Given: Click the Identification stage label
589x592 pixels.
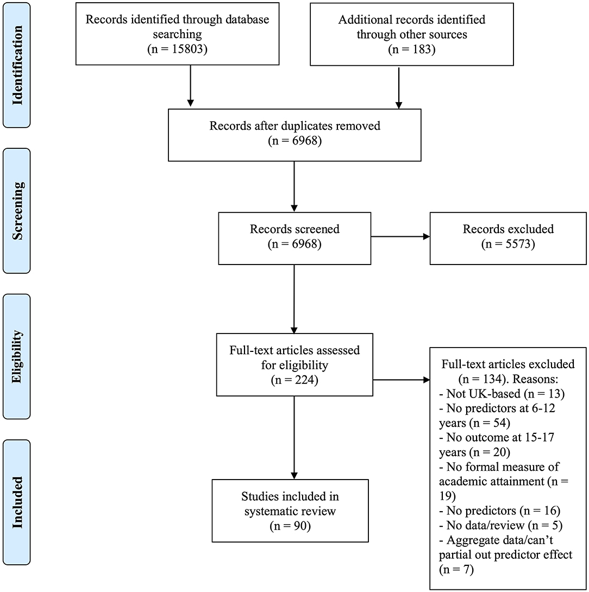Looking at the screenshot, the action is click(17, 65).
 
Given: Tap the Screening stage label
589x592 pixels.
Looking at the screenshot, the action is click(17, 211).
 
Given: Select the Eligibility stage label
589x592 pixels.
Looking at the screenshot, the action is click(17, 356).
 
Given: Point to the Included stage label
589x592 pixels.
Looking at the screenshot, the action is click(17, 502).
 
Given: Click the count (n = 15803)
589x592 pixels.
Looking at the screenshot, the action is click(177, 49).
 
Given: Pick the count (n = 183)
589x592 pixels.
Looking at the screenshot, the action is click(412, 49).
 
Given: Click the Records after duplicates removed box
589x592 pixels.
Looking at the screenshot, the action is click(294, 135).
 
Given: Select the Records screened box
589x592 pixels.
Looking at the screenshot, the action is click(294, 238).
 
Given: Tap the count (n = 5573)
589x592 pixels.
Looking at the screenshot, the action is click(508, 244).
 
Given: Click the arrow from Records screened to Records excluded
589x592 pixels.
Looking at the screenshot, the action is click(400, 237).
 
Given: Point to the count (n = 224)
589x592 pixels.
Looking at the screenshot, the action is click(294, 380).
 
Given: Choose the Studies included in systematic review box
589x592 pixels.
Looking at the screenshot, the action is click(290, 511).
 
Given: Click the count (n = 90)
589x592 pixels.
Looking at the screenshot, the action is click(290, 526).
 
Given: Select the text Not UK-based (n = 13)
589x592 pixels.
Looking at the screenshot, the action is click(502, 394).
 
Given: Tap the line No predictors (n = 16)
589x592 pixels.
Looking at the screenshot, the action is click(499, 511).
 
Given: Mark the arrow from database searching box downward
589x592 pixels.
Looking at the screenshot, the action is click(190, 86).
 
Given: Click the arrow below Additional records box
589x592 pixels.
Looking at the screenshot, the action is click(399, 87).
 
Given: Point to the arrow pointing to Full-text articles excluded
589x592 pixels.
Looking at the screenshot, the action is click(401, 380).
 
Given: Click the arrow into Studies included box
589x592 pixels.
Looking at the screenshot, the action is click(294, 438).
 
